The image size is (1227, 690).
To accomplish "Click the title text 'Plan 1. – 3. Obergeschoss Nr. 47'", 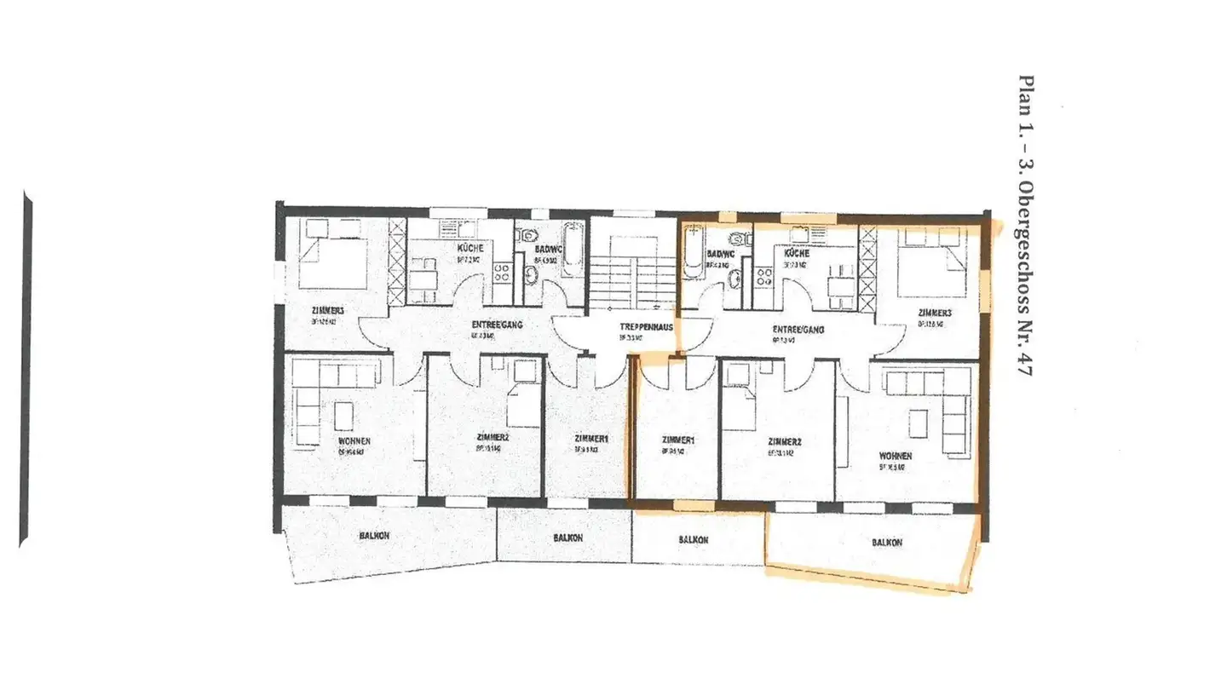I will (x=1028, y=226).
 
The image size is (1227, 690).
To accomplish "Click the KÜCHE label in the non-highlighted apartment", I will (x=470, y=247).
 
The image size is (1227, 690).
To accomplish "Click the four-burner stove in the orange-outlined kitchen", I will (x=764, y=274).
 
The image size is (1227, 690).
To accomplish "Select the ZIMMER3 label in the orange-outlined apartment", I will (x=934, y=313).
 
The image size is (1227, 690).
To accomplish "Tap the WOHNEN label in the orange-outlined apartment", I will (x=896, y=456).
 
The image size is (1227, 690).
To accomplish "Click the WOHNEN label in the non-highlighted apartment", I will (x=354, y=441).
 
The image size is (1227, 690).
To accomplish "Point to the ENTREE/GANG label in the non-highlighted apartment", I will (x=497, y=325).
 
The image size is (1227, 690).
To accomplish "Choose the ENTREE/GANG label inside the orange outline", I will (x=798, y=329).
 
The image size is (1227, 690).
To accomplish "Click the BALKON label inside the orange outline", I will (x=887, y=542).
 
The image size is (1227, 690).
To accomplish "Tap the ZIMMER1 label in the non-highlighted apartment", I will (x=590, y=439).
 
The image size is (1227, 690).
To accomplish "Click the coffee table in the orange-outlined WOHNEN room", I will (x=918, y=423).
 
